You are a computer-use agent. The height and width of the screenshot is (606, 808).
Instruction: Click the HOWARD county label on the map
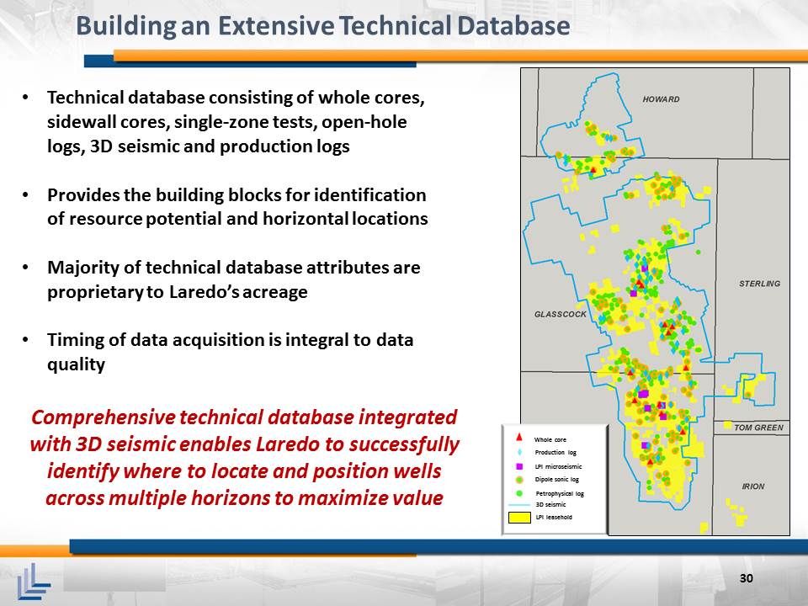click(662, 99)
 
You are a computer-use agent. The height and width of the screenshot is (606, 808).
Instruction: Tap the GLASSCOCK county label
click(561, 314)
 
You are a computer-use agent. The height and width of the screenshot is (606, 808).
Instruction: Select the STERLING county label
click(759, 284)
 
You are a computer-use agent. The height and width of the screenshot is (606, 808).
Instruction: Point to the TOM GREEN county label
click(758, 428)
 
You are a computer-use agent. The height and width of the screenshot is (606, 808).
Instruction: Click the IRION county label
click(752, 486)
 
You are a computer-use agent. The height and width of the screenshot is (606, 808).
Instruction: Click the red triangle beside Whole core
click(519, 438)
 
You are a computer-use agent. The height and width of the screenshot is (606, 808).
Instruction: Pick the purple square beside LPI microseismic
click(519, 466)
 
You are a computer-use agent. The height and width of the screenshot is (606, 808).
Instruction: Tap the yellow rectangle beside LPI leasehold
click(519, 518)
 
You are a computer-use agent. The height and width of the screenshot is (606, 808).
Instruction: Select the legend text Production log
click(555, 453)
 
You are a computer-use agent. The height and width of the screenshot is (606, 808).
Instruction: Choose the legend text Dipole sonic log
click(556, 479)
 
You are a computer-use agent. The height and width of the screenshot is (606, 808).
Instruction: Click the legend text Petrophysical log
click(560, 494)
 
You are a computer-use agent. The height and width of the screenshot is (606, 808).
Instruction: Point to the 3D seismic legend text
click(550, 504)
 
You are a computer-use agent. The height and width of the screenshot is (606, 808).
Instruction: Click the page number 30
click(747, 578)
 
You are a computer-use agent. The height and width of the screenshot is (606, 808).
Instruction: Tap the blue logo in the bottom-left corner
click(34, 582)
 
